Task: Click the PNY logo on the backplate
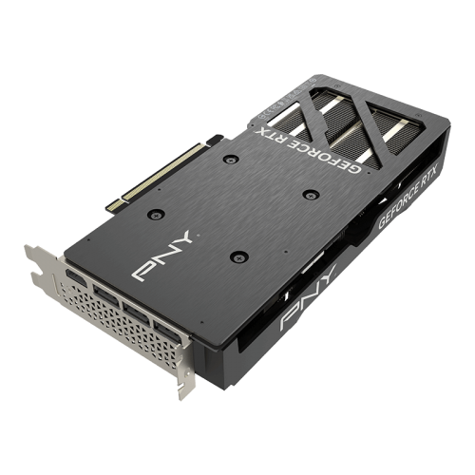(x=162, y=256)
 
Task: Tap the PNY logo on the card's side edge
(x=308, y=298)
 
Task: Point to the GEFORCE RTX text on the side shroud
(x=408, y=197)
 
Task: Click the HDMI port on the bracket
(x=76, y=277)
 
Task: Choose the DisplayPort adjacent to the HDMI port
(x=106, y=295)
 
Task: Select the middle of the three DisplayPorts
(x=136, y=313)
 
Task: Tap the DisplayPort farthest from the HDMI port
(x=167, y=332)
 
